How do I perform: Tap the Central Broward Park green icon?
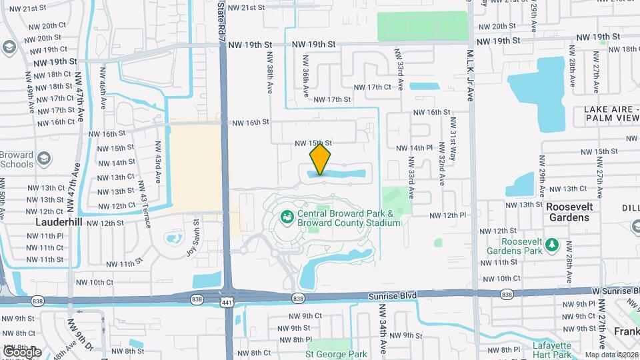pos(287,216)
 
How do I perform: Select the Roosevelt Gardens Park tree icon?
pos(552,246)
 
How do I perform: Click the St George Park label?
pos(336,355)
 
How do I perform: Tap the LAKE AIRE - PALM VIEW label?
pos(612,113)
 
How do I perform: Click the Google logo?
pos(21,351)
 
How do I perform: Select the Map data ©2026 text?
pos(611,355)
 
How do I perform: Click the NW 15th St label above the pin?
pos(313,143)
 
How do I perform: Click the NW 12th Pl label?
pos(447,215)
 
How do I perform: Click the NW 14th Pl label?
pos(415,148)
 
